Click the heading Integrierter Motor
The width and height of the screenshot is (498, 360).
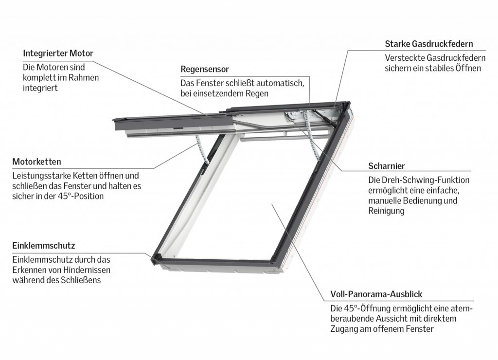[58, 53]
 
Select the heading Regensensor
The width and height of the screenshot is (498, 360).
[204, 69]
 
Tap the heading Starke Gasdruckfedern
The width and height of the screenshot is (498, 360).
[428, 44]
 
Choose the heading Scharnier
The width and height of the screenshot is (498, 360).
[387, 166]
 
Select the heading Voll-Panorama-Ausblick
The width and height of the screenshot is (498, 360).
[376, 294]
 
